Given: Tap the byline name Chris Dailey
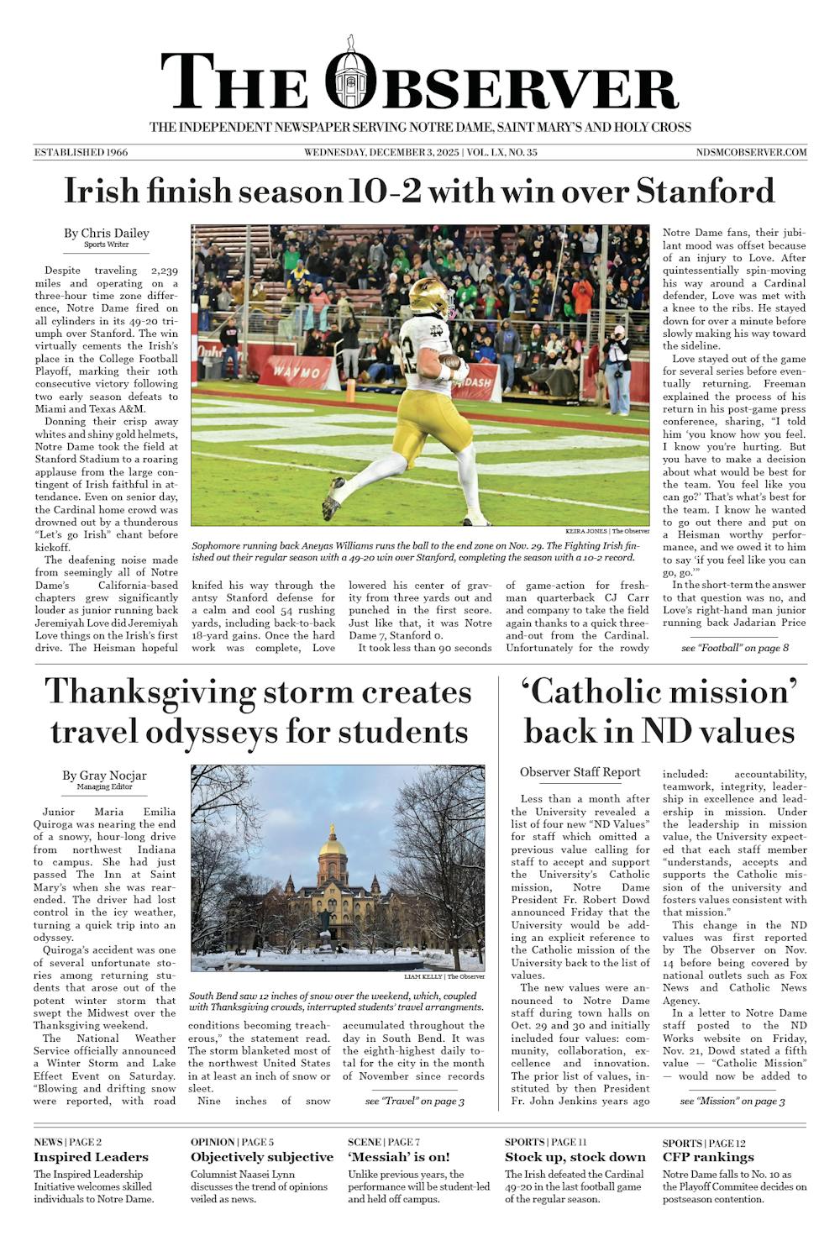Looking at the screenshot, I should [x=107, y=233].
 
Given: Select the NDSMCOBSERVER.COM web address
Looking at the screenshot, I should [x=752, y=152].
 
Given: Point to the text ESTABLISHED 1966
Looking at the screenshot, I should [x=81, y=152].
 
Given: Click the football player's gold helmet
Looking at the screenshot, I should [x=428, y=295].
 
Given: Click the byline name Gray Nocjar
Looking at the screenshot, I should [x=104, y=776].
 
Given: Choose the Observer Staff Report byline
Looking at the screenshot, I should [x=580, y=772].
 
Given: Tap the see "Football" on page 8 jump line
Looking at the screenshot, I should [x=735, y=648].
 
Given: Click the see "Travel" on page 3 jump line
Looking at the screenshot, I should [x=415, y=1101].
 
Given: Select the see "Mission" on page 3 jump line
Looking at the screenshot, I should [x=732, y=1101].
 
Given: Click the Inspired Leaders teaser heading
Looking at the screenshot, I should [x=91, y=1157].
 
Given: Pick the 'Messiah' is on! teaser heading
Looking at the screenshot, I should [x=399, y=1157].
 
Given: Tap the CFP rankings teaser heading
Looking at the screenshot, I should [x=708, y=1157].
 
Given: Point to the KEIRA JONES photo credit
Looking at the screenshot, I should [x=585, y=531].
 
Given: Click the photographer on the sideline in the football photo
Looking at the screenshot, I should [x=619, y=371].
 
